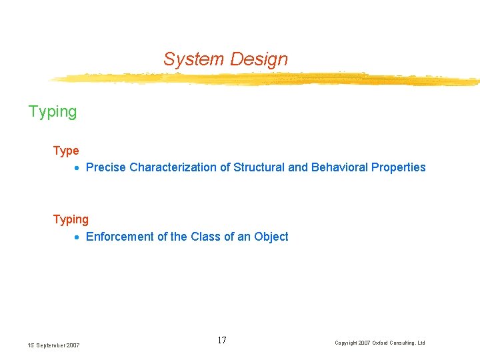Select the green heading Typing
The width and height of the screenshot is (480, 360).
coord(53,112)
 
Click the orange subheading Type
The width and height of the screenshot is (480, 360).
coord(66,151)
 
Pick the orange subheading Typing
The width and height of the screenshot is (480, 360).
coord(71,219)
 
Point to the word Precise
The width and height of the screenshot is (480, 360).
coord(106,167)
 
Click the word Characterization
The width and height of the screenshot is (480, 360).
coord(171,167)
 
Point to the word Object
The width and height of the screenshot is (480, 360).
coord(271,237)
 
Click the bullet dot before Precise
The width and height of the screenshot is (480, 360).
coord(77,168)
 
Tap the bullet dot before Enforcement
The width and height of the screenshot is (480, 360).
coord(77,237)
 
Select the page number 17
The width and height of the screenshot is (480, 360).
coord(222,341)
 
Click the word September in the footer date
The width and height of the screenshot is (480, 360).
coord(52,345)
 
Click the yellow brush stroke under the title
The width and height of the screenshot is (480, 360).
coord(267,79)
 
